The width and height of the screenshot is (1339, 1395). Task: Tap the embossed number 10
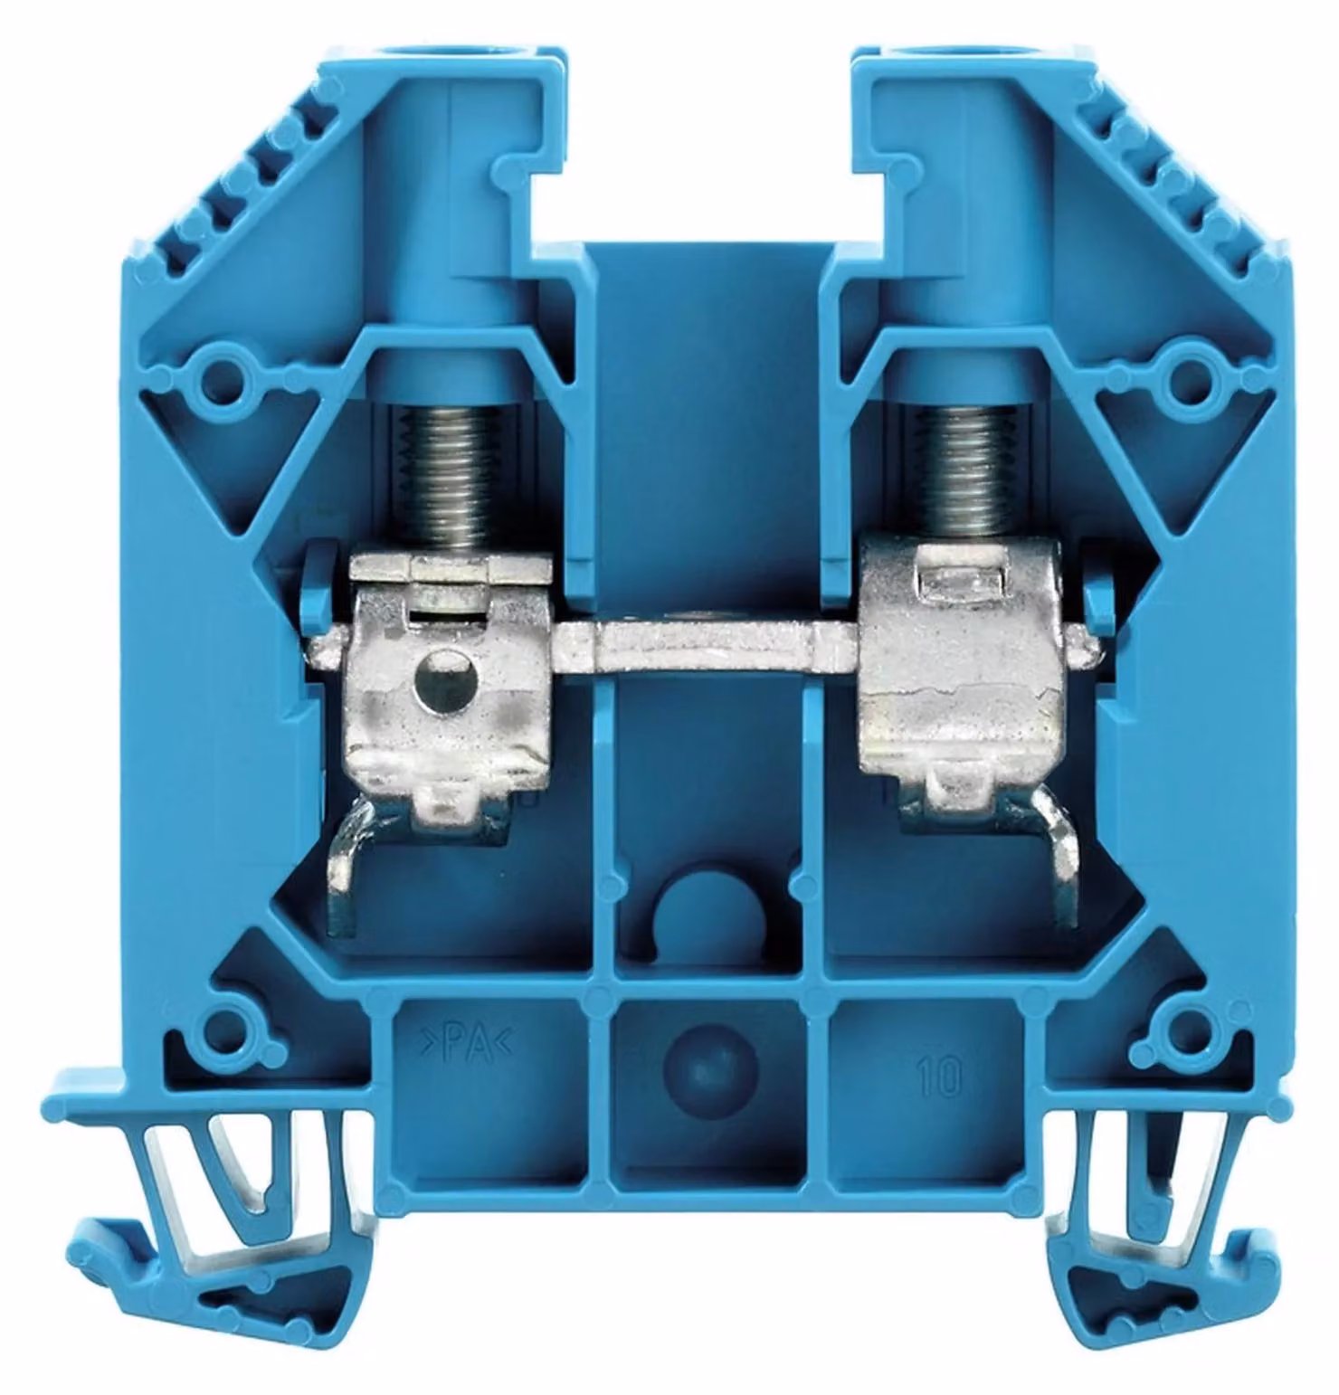pyautogui.click(x=942, y=1077)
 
